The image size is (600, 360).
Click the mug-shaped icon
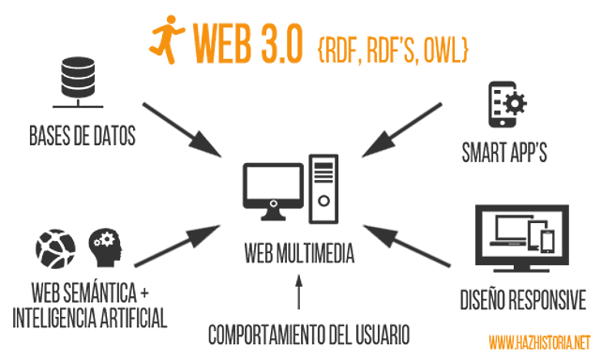[507, 103]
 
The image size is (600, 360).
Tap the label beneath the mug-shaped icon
[503, 152]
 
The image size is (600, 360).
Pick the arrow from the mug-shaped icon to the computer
[403, 127]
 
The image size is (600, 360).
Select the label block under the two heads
[89, 305]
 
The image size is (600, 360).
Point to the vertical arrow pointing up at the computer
[299, 292]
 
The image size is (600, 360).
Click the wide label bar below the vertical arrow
[308, 334]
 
